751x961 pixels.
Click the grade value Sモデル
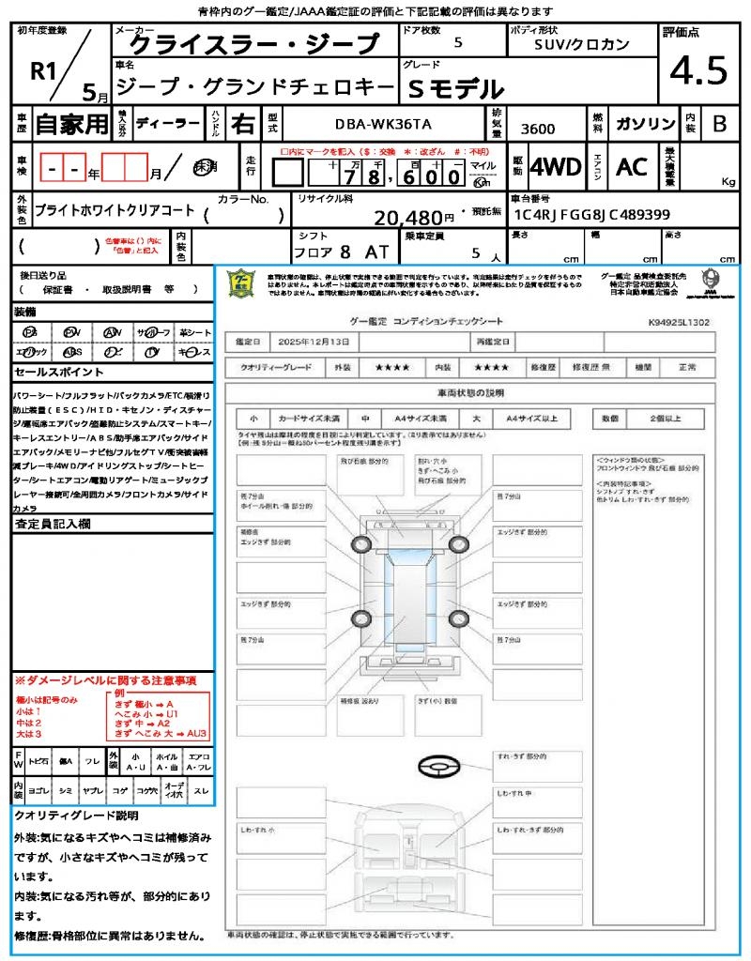click(456, 89)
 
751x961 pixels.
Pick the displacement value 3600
click(538, 129)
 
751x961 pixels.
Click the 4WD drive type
click(556, 167)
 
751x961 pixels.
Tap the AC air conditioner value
click(632, 167)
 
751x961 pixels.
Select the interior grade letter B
click(718, 123)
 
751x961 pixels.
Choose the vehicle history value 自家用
click(71, 123)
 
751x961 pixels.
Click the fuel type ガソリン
click(645, 123)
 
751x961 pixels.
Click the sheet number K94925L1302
click(678, 322)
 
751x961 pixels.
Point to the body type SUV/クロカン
click(581, 44)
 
